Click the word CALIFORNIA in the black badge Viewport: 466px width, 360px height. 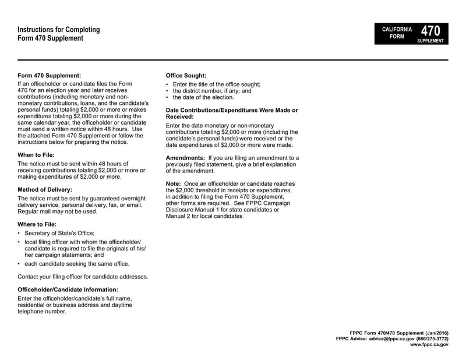(x=397, y=29)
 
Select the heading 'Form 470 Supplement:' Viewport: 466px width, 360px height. (x=49, y=75)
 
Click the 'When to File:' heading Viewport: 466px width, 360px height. (x=37, y=155)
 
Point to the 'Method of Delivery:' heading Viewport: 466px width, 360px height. (x=45, y=189)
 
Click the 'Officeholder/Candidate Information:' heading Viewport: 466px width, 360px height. (x=68, y=290)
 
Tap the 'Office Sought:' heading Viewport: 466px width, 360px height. (x=186, y=75)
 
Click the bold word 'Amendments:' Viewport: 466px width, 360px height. (x=186, y=158)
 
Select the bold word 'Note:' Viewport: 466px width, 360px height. (x=174, y=183)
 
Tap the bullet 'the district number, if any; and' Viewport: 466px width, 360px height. (x=212, y=91)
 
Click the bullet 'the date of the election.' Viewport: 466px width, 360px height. (x=202, y=97)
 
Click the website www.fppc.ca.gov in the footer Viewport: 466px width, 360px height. (x=429, y=345)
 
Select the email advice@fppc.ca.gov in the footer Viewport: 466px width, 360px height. (x=390, y=338)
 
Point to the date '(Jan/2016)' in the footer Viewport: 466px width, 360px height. (x=434, y=332)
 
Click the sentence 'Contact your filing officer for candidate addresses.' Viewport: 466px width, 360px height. (x=83, y=276)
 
